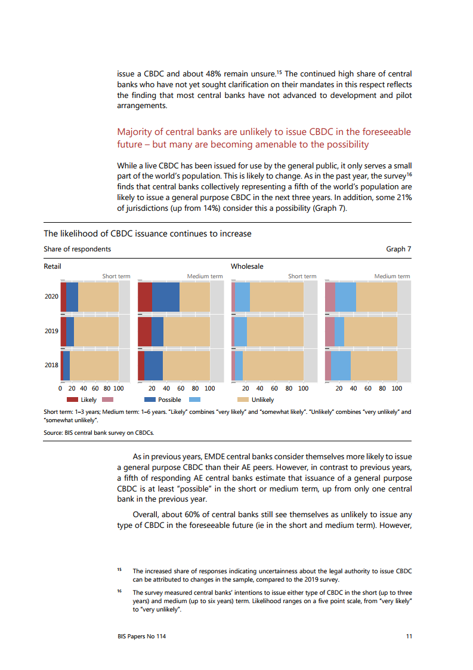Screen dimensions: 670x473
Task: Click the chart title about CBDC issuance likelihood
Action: point(147,233)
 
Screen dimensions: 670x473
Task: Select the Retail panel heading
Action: point(52,266)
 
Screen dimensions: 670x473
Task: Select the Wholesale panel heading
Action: point(247,266)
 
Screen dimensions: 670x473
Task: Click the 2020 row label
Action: point(51,297)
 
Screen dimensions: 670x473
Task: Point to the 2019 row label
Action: point(51,331)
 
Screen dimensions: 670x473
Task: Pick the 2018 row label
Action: point(51,365)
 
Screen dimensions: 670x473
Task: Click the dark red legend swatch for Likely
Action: point(72,399)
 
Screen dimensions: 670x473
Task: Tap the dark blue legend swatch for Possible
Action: point(150,399)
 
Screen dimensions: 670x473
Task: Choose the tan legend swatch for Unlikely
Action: point(243,399)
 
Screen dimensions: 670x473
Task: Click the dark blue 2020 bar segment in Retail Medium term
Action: point(165,297)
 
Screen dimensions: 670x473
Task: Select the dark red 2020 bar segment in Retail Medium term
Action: point(144,297)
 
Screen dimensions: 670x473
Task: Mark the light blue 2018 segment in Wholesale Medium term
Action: point(341,365)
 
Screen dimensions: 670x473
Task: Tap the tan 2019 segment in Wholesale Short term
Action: point(275,331)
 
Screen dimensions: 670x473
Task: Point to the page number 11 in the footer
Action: point(409,637)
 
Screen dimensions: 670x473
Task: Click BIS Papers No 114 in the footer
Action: point(141,637)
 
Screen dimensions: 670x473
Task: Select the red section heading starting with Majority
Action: point(264,138)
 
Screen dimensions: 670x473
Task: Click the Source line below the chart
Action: point(98,432)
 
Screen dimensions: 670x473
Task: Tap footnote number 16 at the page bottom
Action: point(119,591)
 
